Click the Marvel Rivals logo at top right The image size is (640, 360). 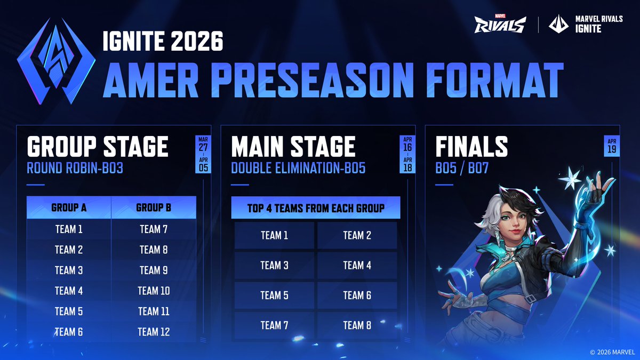pyautogui.click(x=500, y=23)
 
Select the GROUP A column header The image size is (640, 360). pyautogui.click(x=69, y=207)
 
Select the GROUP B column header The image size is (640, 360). pyautogui.click(x=154, y=207)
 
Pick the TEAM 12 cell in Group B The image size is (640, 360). pyautogui.click(x=154, y=332)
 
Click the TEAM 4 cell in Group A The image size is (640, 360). pyautogui.click(x=69, y=291)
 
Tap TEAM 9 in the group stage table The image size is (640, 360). pyautogui.click(x=154, y=270)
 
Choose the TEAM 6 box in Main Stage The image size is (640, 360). pyautogui.click(x=357, y=295)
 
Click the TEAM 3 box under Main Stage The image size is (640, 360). pyautogui.click(x=274, y=265)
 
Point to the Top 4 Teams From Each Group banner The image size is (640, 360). pyautogui.click(x=316, y=208)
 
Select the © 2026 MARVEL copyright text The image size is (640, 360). pyautogui.click(x=613, y=352)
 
